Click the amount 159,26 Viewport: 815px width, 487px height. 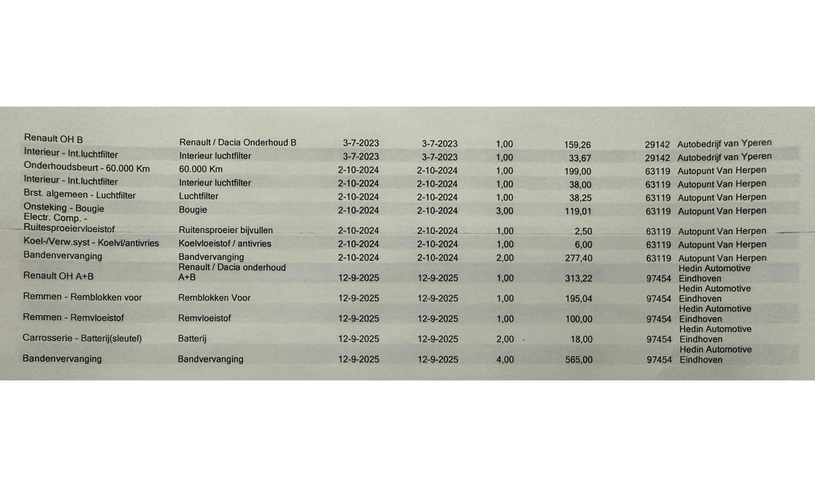click(x=577, y=145)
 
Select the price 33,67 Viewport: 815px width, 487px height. click(x=579, y=158)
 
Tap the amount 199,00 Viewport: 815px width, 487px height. click(x=577, y=172)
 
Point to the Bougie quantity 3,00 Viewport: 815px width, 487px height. click(x=504, y=211)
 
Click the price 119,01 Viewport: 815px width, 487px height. click(x=578, y=211)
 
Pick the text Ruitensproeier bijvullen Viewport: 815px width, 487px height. click(x=225, y=230)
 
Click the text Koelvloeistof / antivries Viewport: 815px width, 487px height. click(x=225, y=244)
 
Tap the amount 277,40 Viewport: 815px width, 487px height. click(x=578, y=258)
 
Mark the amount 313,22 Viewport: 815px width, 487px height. click(x=578, y=279)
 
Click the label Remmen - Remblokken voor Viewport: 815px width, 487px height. click(x=82, y=297)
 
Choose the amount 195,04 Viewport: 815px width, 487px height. click(x=578, y=299)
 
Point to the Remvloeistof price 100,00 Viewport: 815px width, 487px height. click(x=579, y=319)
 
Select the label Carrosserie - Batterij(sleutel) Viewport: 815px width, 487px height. click(x=82, y=338)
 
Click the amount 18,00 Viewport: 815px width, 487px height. click(x=581, y=339)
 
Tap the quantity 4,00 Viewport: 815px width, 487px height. click(x=505, y=360)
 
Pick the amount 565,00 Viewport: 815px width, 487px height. click(x=579, y=360)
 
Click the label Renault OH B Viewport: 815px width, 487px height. click(x=53, y=138)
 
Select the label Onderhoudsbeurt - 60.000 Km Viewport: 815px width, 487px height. click(x=87, y=168)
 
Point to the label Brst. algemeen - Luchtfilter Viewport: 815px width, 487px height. click(x=79, y=194)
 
